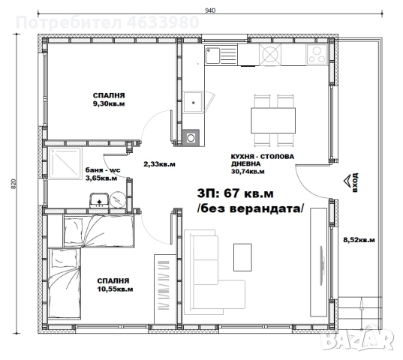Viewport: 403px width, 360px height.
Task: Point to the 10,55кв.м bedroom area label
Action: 115,287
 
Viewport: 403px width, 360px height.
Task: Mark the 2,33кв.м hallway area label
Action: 159,163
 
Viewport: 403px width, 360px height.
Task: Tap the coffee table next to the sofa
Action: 243,258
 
